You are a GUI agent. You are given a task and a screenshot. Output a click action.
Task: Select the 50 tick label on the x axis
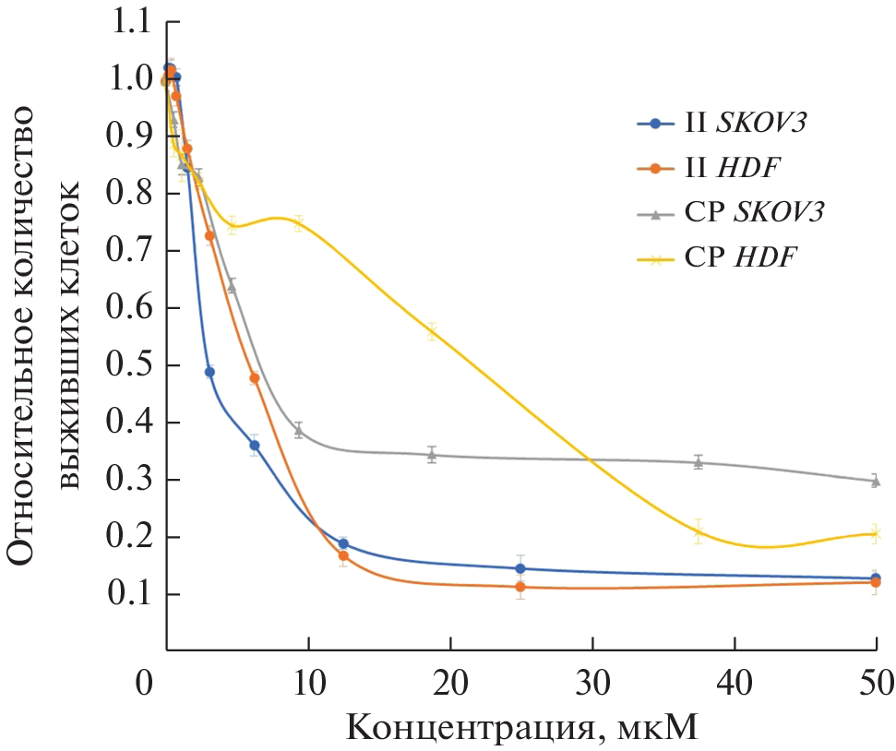[876, 686]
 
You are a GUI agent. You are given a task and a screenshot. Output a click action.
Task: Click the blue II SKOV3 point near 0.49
[209, 372]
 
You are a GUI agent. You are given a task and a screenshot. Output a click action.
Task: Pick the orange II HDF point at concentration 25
[520, 587]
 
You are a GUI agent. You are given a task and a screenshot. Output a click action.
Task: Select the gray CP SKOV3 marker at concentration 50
[876, 481]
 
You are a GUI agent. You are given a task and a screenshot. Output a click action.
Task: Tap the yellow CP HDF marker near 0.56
[431, 332]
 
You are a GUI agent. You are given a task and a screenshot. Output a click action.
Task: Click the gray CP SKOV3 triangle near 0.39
[298, 430]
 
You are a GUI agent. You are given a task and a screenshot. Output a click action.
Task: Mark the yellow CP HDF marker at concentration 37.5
[699, 531]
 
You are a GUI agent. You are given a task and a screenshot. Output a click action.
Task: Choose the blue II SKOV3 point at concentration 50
[876, 578]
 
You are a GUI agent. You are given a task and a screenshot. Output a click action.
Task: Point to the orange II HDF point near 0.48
[255, 378]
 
